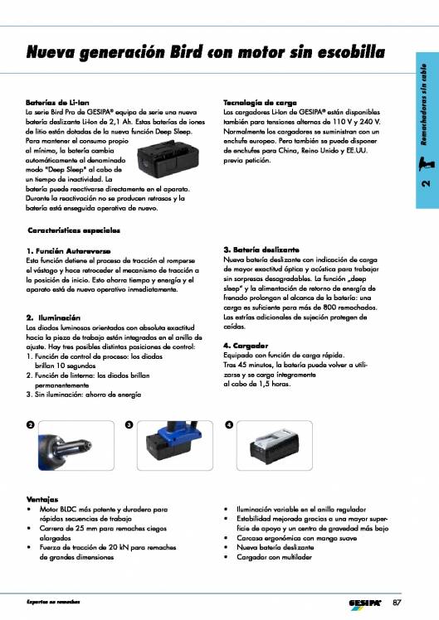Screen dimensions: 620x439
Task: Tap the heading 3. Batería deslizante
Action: [261, 249]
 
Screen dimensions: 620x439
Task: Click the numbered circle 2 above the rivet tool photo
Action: [30, 424]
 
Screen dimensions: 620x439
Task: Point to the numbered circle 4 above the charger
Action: [228, 424]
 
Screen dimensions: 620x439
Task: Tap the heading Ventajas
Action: [41, 499]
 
